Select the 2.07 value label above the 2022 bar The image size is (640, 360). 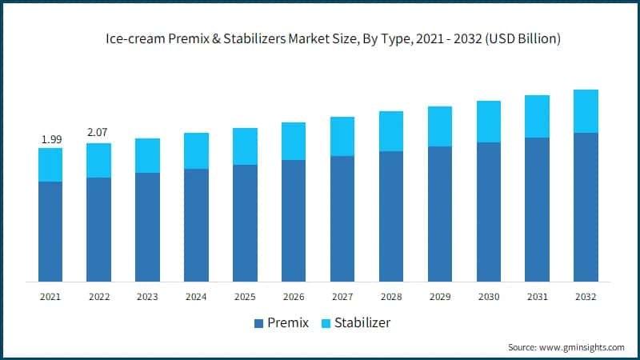[x=98, y=130]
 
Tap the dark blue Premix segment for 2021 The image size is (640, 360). [x=50, y=231]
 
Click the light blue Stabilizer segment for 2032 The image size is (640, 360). [x=586, y=111]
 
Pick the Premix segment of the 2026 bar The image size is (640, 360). [x=294, y=221]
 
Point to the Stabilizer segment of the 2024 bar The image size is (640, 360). [x=196, y=150]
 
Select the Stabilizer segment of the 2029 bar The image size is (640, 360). [x=440, y=126]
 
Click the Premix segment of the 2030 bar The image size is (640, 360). [x=489, y=212]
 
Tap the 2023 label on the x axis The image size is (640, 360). [x=147, y=297]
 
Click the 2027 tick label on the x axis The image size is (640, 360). [x=342, y=297]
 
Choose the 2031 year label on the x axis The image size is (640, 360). [x=538, y=297]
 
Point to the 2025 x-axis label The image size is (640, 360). [x=245, y=297]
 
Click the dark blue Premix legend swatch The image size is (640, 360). [x=258, y=324]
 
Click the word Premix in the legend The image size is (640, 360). [x=290, y=324]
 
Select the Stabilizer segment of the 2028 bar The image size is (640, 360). [x=391, y=131]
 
